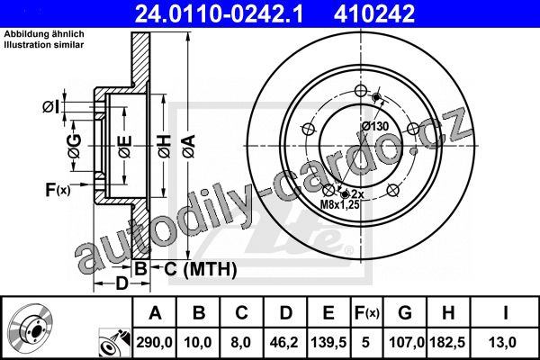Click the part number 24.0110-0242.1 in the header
pos(219,13)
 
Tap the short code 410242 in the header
pos(374,13)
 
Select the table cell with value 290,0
pos(154,342)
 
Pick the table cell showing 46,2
pos(284,342)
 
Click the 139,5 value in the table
pos(328,342)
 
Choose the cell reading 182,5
pos(448,342)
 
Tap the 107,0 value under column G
pos(405,342)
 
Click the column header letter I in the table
pos(505,313)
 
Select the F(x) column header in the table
pos(367,313)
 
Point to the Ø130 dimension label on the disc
pos(375,126)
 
